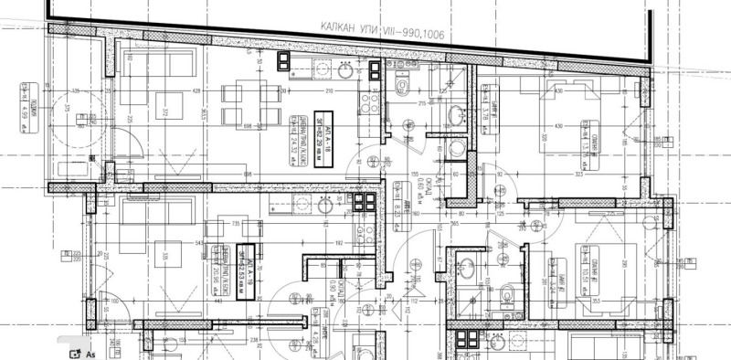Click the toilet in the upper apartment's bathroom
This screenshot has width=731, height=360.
point(402,85)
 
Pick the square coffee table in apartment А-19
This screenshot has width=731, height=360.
point(167,255)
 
